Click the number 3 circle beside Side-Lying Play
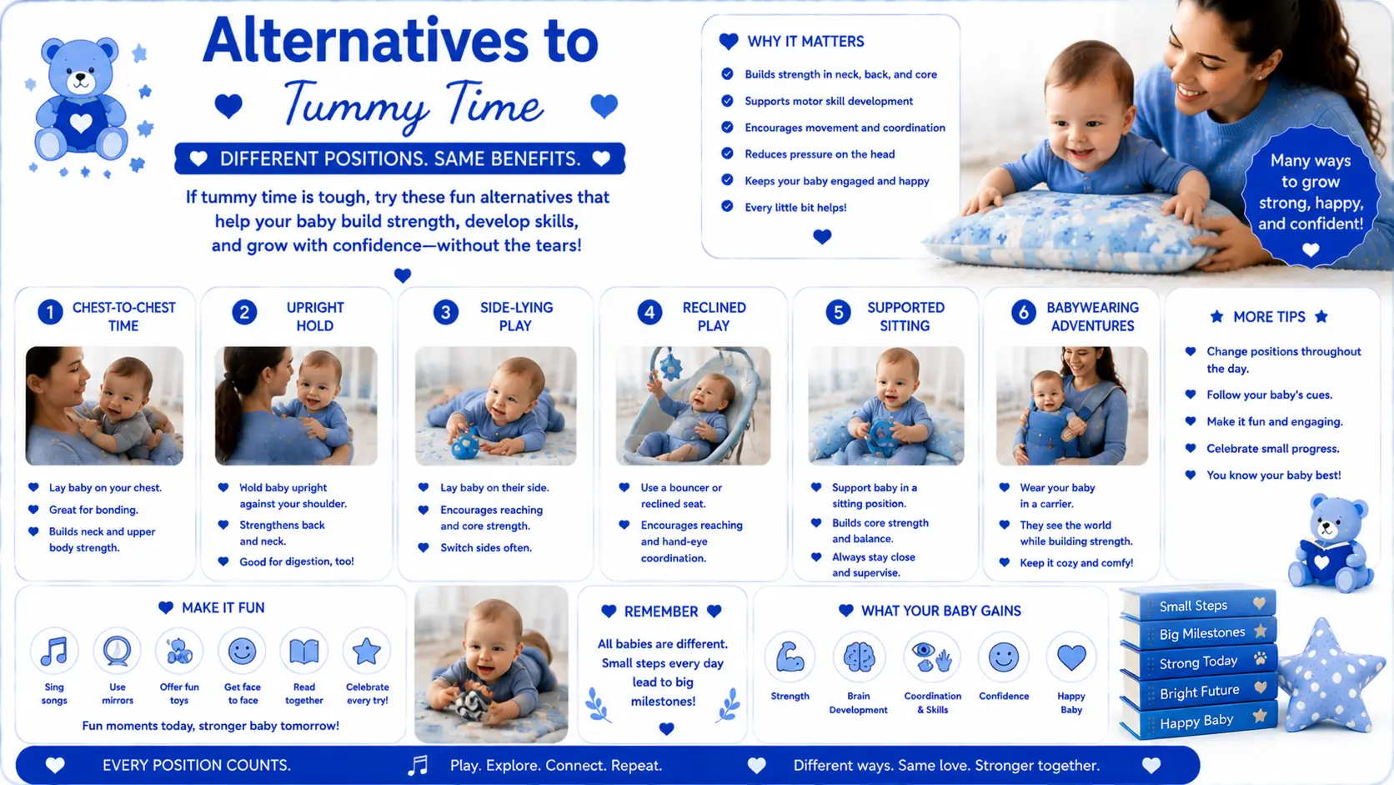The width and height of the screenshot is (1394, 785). coord(445,313)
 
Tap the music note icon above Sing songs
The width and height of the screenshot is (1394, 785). coord(54,652)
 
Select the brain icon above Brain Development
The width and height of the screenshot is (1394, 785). coord(859,657)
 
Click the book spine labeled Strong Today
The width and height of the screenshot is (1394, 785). coord(1199,661)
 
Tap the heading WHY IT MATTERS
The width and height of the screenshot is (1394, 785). coord(805,42)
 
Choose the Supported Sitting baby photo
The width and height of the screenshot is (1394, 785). coord(886,406)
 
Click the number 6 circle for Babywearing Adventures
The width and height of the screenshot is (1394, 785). coord(1023,313)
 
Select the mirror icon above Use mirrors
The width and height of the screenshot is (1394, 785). coord(117,652)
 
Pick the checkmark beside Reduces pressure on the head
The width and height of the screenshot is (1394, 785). coord(727,153)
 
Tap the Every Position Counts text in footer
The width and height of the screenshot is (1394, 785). coord(197,765)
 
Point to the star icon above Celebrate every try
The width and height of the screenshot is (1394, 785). coord(367,652)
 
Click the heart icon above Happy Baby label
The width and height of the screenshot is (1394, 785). coord(1071,657)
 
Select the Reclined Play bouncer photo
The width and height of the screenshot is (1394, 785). coord(694,406)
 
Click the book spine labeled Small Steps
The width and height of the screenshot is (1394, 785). coord(1199,605)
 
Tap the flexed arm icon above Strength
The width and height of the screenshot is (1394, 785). coord(790,657)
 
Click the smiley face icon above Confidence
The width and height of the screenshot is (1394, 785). coord(1003,657)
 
